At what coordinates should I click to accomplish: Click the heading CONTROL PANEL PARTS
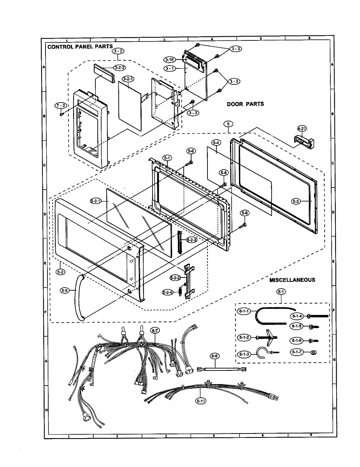pyautogui.click(x=80, y=47)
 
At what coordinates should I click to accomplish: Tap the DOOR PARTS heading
pyautogui.click(x=245, y=104)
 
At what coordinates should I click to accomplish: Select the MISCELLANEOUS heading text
pyautogui.click(x=292, y=280)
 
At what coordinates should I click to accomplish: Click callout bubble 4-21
pyautogui.click(x=302, y=128)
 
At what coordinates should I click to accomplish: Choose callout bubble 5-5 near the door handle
pyautogui.click(x=66, y=290)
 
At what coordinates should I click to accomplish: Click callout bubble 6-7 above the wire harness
pyautogui.click(x=155, y=330)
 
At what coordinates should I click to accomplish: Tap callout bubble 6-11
pyautogui.click(x=200, y=400)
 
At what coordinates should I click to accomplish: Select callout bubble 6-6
pyautogui.click(x=214, y=356)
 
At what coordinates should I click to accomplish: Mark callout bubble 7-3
pyautogui.click(x=61, y=106)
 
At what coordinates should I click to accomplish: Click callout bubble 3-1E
pyautogui.click(x=170, y=60)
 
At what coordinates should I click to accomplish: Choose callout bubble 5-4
pyautogui.click(x=216, y=143)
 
